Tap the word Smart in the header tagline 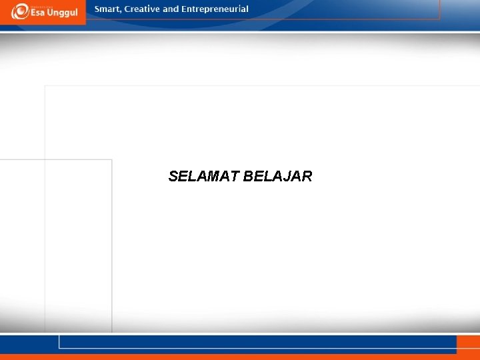click(107, 9)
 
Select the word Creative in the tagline click(141, 9)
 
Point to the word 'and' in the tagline click(171, 9)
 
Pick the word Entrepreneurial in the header click(215, 9)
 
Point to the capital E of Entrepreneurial click(184, 9)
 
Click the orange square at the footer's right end click(468, 344)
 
